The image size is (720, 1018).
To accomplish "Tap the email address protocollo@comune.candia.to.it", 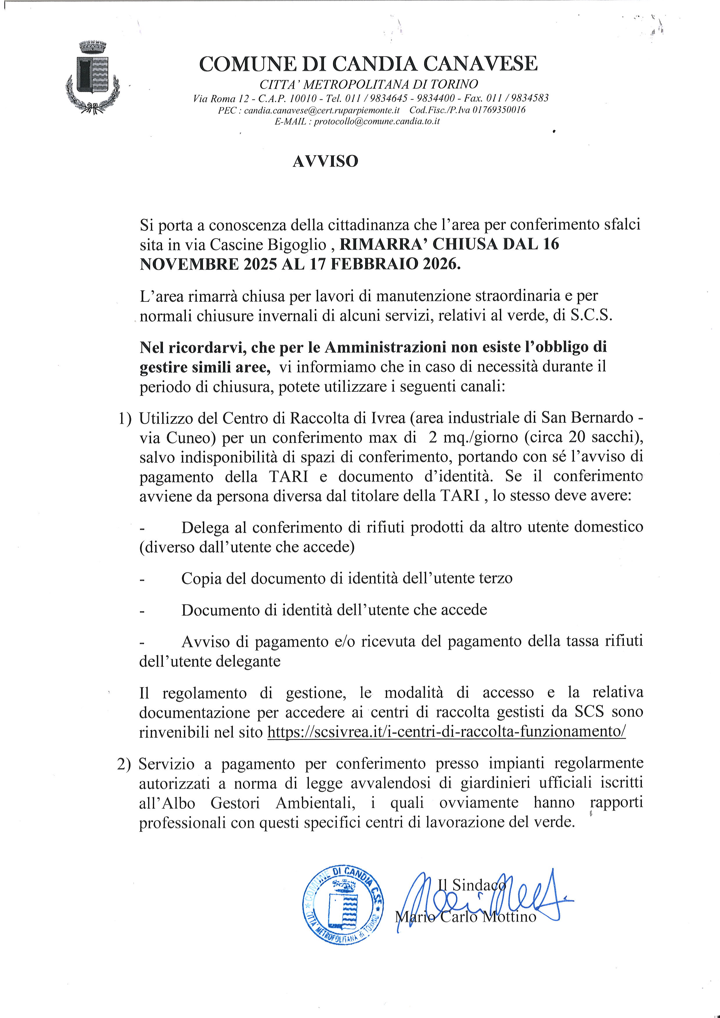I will pyautogui.click(x=377, y=121).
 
